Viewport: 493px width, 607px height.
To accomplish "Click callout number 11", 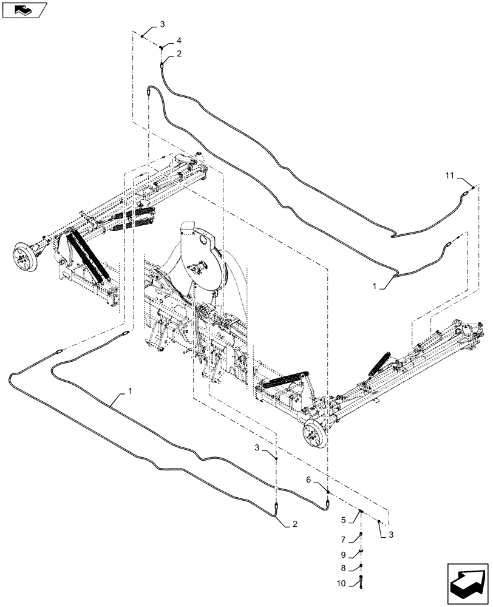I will click(449, 175).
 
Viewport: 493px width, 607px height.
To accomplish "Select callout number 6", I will click(308, 480).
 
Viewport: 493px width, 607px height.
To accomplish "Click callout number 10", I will click(342, 584).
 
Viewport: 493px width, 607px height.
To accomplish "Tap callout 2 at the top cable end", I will click(179, 54).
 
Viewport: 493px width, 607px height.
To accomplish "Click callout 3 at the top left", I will click(161, 24).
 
